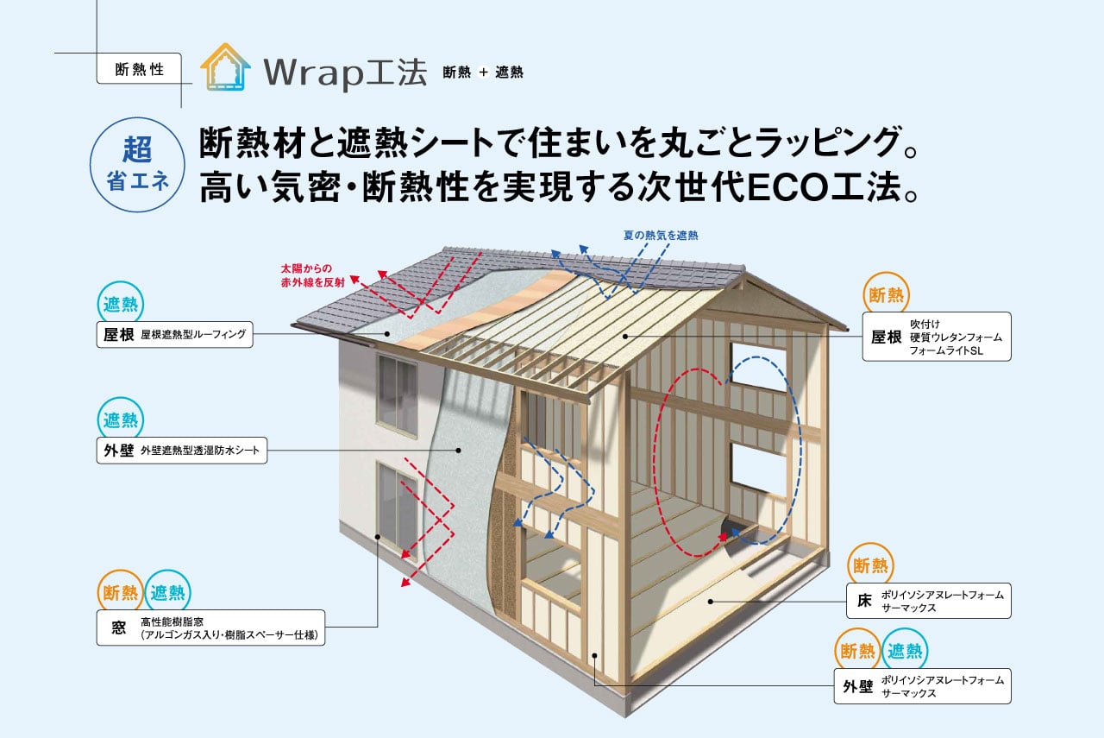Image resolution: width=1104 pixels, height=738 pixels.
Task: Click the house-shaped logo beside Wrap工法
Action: [x=225, y=68]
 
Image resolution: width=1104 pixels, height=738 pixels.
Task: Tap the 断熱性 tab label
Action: [x=140, y=70]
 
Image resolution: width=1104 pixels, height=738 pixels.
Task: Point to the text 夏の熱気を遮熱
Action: [x=661, y=235]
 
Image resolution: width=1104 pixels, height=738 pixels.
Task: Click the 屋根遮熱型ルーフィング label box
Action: [x=174, y=334]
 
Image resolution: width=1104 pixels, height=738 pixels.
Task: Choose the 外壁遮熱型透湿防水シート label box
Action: [x=181, y=451]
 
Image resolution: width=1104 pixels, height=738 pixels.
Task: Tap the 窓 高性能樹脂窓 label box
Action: [x=210, y=628]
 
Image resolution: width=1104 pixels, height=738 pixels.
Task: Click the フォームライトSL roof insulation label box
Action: [x=936, y=337]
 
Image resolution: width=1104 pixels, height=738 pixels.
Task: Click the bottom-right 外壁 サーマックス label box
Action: [x=922, y=686]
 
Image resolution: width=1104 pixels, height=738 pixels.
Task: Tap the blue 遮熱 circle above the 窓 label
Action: [x=167, y=592]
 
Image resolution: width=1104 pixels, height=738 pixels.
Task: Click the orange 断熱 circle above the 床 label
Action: [x=870, y=565]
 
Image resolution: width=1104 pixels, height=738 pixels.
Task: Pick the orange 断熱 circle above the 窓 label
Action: [x=120, y=592]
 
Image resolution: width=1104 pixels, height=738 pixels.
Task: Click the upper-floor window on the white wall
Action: [x=396, y=389]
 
